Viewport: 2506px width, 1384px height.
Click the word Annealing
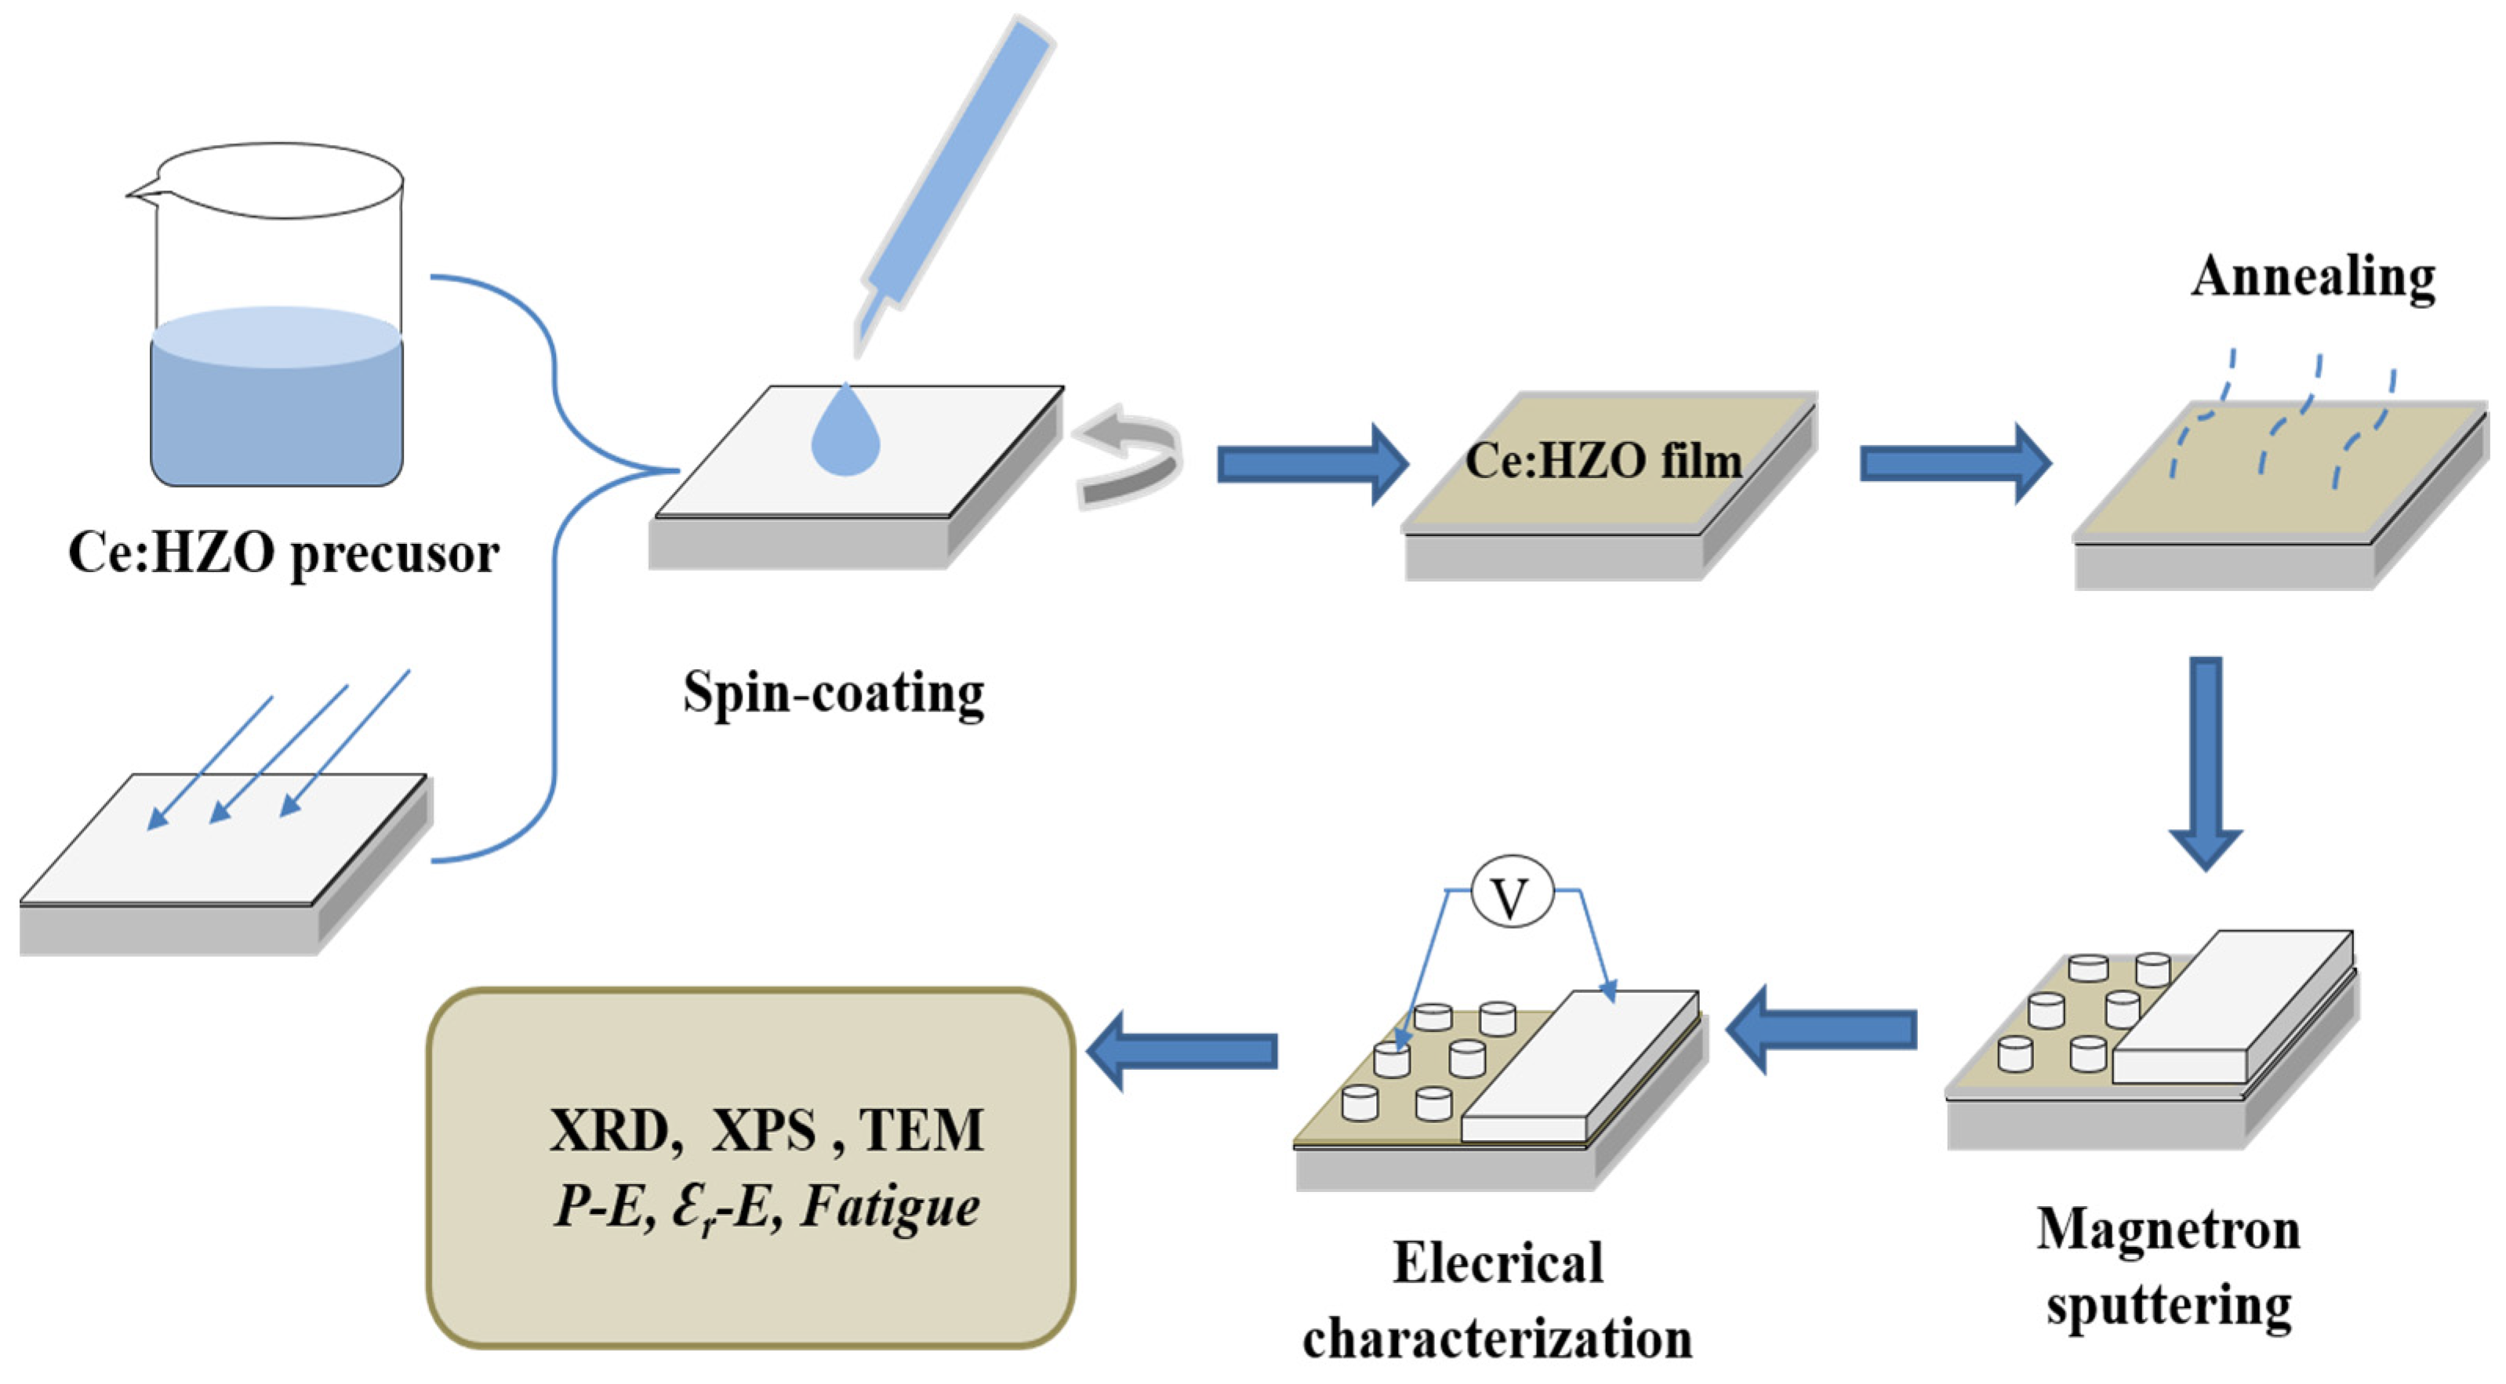pyautogui.click(x=2312, y=279)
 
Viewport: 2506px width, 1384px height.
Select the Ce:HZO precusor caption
pyautogui.click(x=283, y=554)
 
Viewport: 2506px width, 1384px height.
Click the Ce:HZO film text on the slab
pyautogui.click(x=1603, y=461)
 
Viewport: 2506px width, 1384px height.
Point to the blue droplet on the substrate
pyautogui.click(x=845, y=437)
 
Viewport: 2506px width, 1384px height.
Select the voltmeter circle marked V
pyautogui.click(x=1511, y=892)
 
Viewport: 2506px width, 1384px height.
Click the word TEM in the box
pyautogui.click(x=921, y=1130)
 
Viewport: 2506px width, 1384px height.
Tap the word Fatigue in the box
pyautogui.click(x=890, y=1207)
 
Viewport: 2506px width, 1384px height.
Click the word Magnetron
pyautogui.click(x=2168, y=1230)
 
